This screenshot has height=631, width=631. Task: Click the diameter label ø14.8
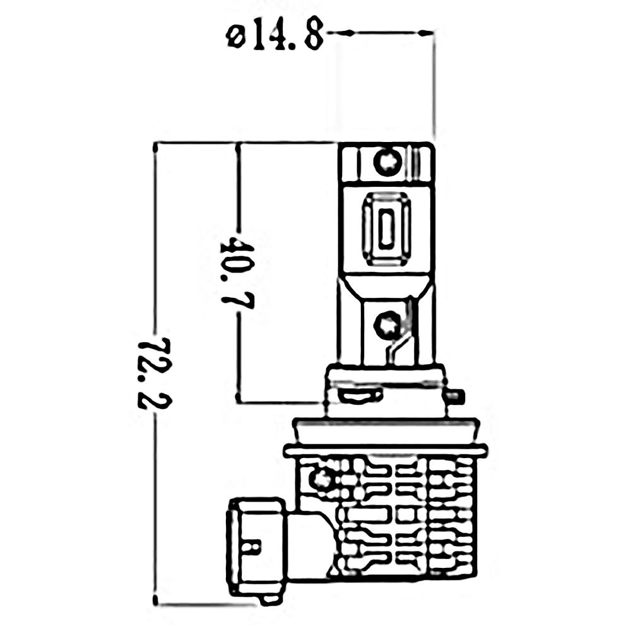point(275,37)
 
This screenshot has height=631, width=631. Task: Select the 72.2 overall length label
point(155,373)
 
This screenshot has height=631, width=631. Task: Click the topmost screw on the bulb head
point(387,162)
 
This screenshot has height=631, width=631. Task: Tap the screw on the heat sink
point(321,478)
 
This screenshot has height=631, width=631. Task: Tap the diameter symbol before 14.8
point(235,37)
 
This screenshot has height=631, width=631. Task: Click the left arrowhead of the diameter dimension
point(345,33)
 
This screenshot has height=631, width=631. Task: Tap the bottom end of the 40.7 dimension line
point(239,398)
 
